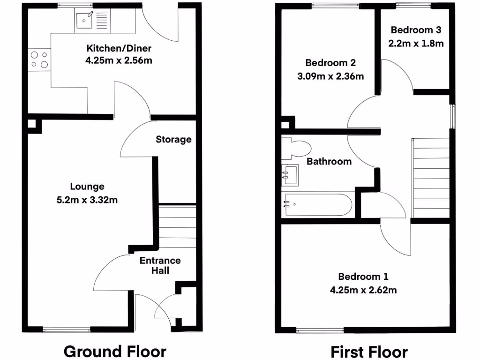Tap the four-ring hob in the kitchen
(x=39, y=60)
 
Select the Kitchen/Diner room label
(x=119, y=48)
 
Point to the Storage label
(x=173, y=139)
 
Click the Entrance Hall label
(x=160, y=265)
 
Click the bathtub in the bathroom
(x=317, y=205)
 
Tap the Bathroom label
(x=329, y=162)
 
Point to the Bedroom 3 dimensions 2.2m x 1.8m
(x=416, y=43)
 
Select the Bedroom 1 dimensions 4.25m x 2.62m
(x=363, y=290)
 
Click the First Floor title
(x=369, y=351)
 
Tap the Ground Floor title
(x=115, y=351)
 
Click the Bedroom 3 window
(x=413, y=6)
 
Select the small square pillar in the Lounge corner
(x=31, y=124)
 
